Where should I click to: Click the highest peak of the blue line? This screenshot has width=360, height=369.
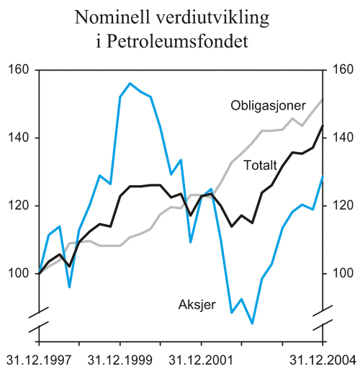point(130,84)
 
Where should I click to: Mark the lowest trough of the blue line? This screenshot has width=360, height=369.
point(252,324)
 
